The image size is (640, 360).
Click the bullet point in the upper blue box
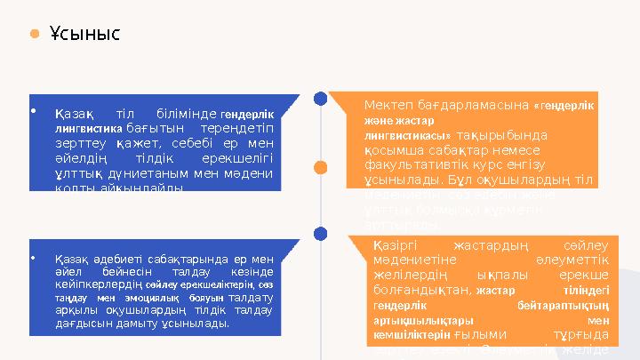coord(33,112)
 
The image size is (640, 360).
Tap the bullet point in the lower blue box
coord(33,260)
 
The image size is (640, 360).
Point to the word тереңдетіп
coord(242,128)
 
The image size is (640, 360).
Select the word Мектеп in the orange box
coord(389,105)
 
